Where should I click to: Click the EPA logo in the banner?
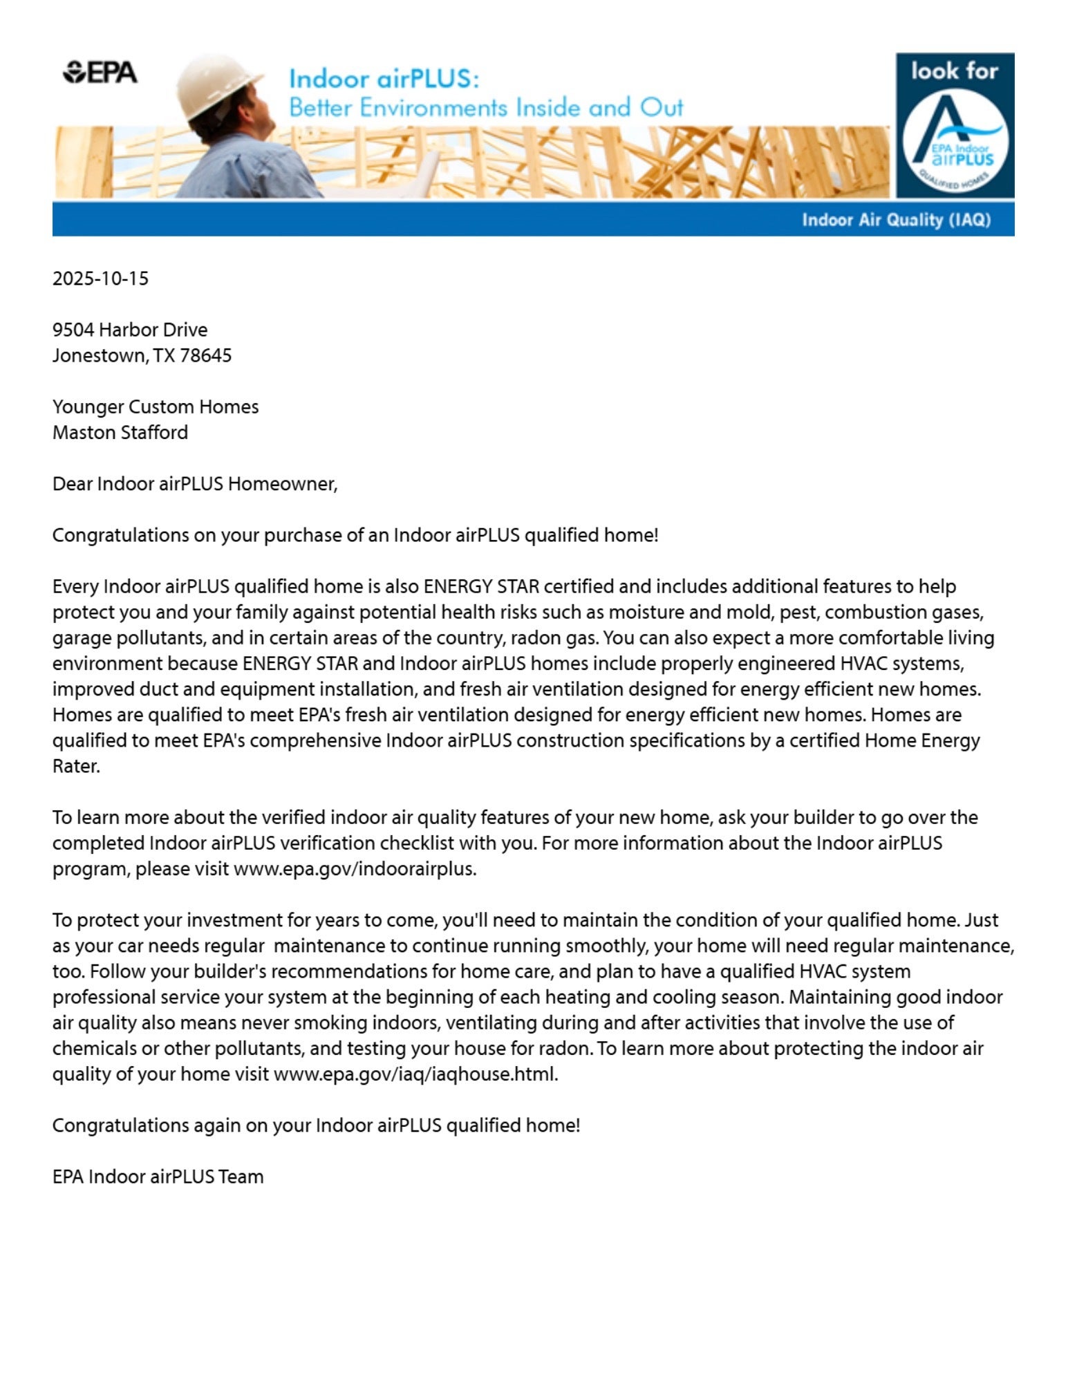(x=100, y=72)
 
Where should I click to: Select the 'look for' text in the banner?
(x=954, y=71)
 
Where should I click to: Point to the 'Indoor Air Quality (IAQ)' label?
(x=896, y=220)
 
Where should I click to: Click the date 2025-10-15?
(x=100, y=279)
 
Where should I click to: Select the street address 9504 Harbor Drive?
(x=130, y=330)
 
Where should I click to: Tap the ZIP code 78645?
(x=205, y=355)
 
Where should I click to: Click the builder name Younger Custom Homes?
(x=156, y=407)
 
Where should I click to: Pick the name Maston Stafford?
(x=120, y=432)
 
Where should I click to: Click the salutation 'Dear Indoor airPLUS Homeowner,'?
(x=195, y=483)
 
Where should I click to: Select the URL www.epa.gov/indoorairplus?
(x=355, y=868)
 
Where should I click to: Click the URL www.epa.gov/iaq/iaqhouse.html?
(x=415, y=1074)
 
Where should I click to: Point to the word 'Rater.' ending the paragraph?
(x=76, y=766)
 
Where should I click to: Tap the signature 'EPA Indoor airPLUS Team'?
(x=158, y=1177)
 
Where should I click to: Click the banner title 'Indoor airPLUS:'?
(x=384, y=79)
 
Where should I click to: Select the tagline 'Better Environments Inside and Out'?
(x=486, y=108)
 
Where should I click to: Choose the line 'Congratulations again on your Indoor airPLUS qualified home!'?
(x=316, y=1125)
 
